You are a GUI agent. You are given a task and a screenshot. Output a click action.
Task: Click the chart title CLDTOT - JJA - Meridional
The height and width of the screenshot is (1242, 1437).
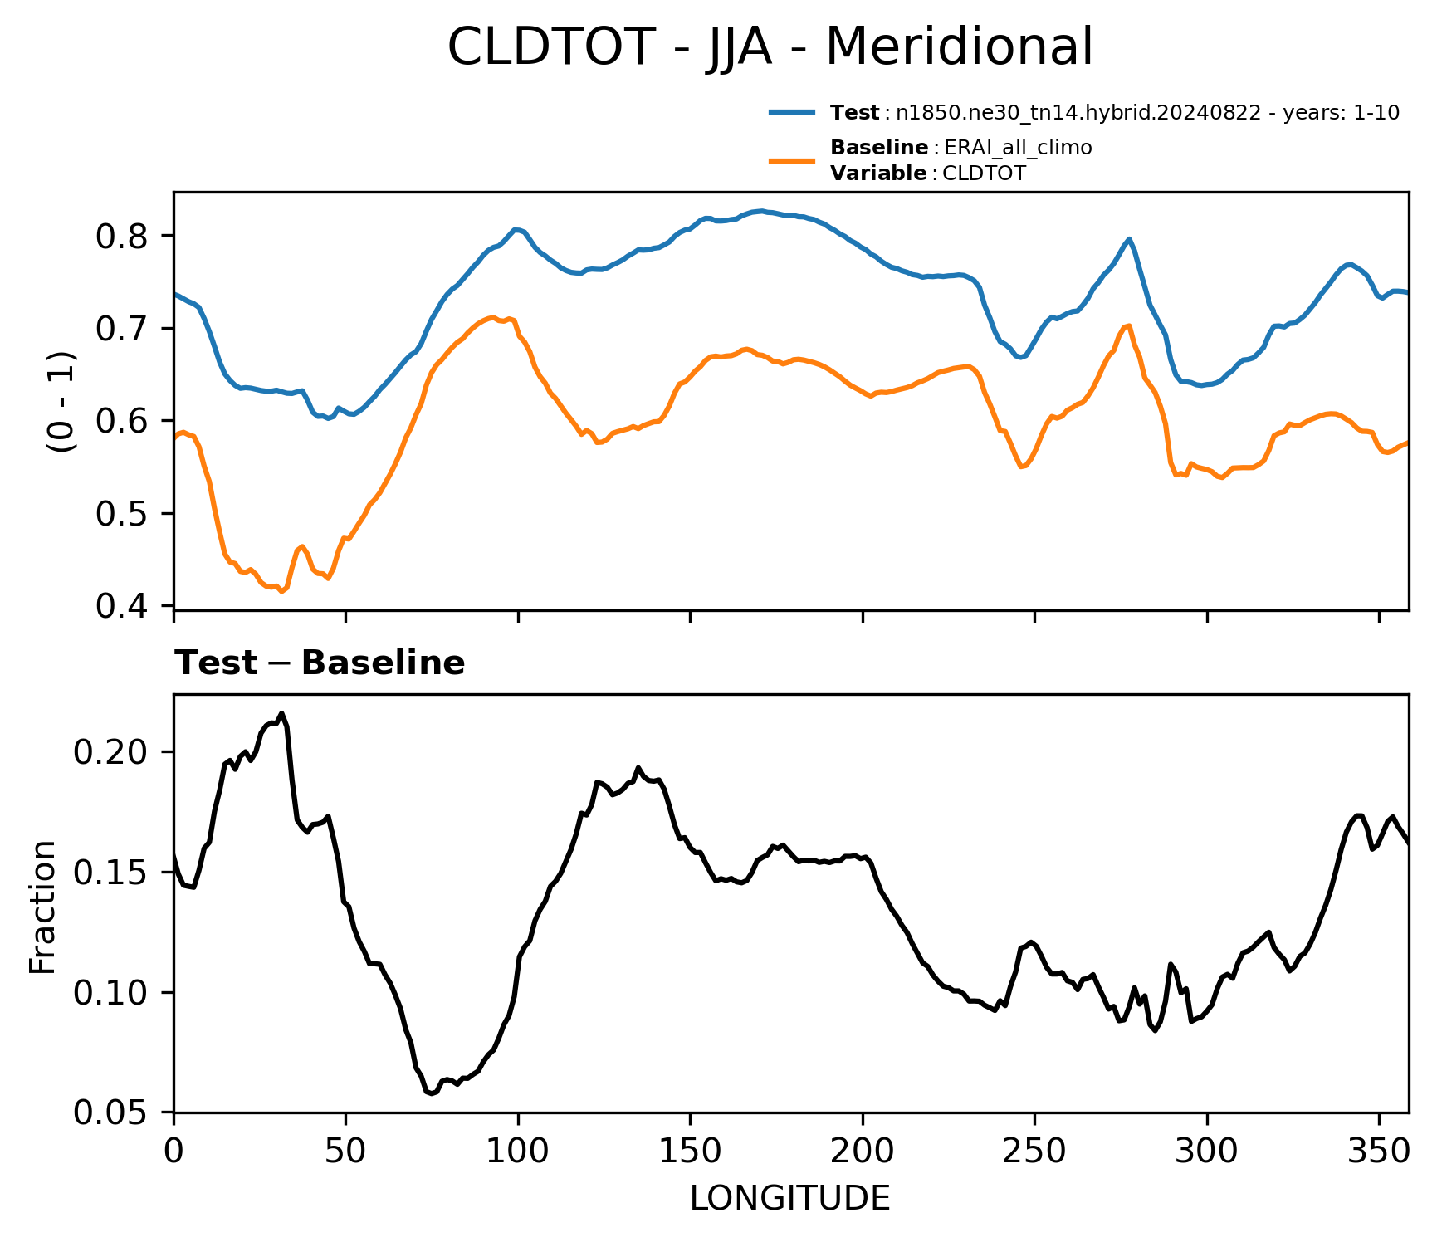(x=770, y=46)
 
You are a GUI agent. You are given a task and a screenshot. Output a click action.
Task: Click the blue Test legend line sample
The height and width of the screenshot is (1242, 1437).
(x=793, y=113)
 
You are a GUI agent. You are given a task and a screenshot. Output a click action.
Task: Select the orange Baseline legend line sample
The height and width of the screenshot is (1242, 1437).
(x=793, y=160)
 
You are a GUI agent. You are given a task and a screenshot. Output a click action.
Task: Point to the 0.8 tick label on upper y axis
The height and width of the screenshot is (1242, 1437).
(x=122, y=237)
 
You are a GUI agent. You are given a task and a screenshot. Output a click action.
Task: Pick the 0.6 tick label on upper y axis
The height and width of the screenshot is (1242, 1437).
(x=122, y=422)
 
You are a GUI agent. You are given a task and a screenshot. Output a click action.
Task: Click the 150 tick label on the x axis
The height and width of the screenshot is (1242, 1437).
(x=690, y=1151)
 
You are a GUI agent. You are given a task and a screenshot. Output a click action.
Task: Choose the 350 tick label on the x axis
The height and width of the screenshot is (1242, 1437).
(x=1379, y=1151)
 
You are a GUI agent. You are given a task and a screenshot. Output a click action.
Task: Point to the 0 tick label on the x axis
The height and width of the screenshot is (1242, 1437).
(x=174, y=1151)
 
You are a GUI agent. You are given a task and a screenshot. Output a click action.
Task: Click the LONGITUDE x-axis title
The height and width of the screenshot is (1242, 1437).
(x=790, y=1198)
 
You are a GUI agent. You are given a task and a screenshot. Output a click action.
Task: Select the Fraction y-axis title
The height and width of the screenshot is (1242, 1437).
(x=42, y=907)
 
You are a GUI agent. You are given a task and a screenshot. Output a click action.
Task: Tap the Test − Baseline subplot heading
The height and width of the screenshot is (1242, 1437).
(x=320, y=663)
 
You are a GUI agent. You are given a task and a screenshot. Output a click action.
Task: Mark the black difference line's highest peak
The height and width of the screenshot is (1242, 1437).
(x=282, y=712)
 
